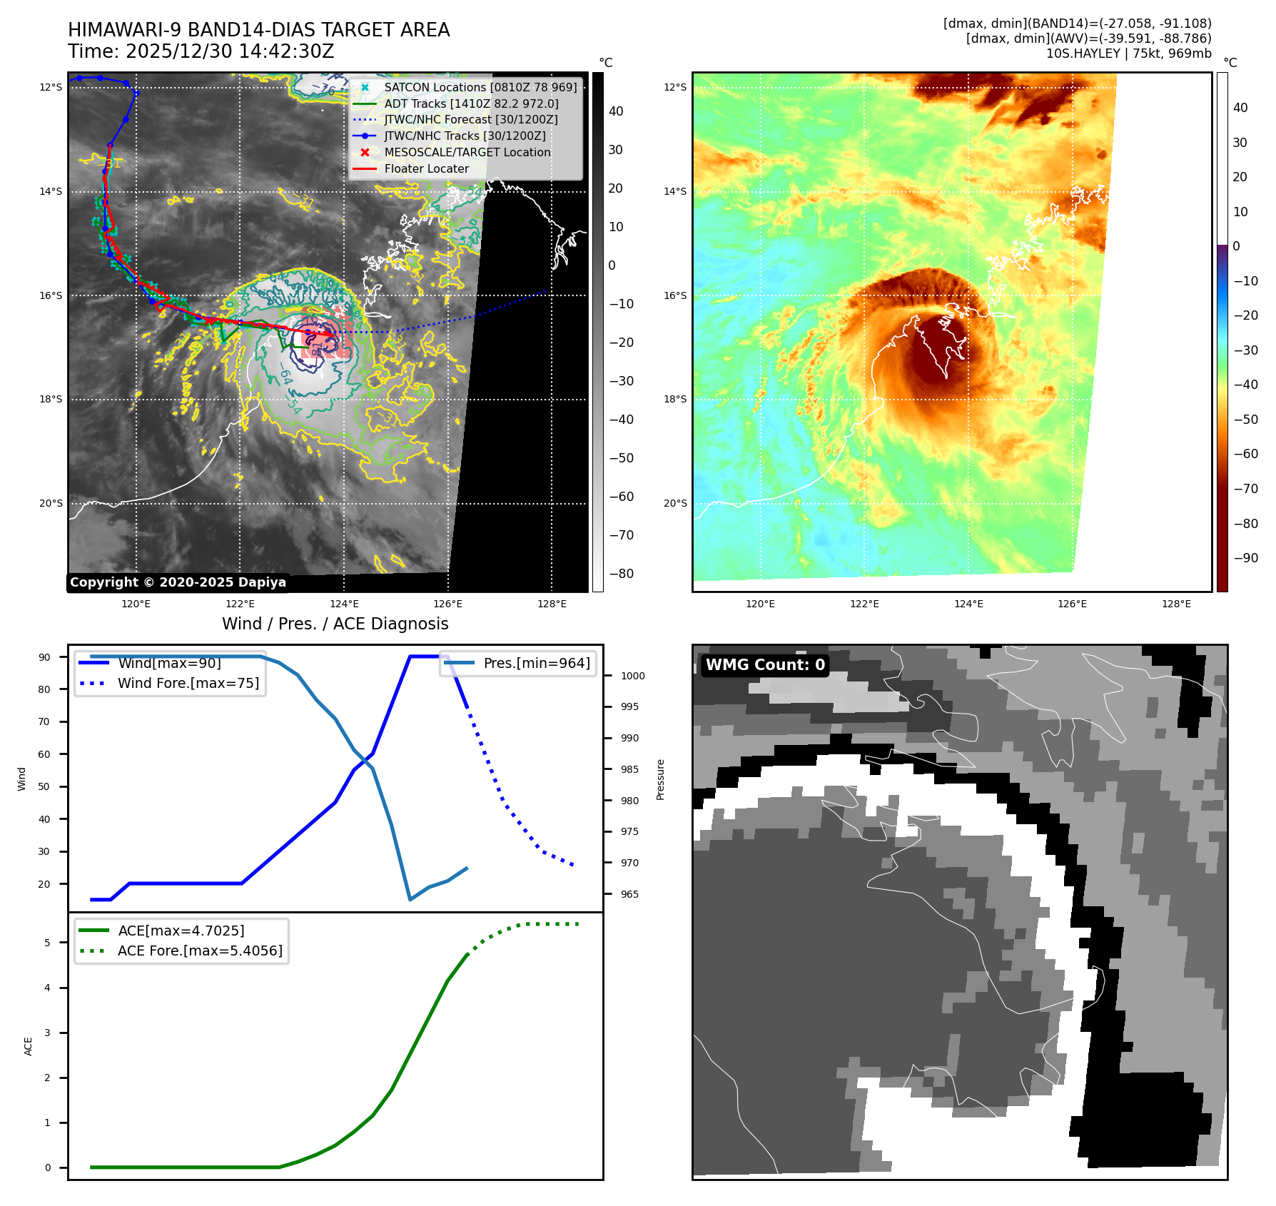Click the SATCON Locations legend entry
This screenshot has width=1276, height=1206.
pos(480,87)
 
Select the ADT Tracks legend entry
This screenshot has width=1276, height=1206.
pos(471,103)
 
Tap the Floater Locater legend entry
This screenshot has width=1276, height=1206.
pos(426,168)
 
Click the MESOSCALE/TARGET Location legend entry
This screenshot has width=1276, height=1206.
pos(467,152)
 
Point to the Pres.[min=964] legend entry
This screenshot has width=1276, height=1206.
pos(536,663)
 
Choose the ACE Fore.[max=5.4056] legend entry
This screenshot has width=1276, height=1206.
pos(200,951)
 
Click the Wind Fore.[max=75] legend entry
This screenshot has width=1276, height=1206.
pos(188,683)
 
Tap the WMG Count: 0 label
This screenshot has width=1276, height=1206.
pos(765,664)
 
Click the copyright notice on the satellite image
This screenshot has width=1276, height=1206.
pos(178,582)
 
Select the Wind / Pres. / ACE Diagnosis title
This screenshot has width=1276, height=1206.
pos(335,624)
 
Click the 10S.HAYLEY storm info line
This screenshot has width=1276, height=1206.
pos(1128,54)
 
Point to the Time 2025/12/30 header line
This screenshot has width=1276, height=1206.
pos(201,51)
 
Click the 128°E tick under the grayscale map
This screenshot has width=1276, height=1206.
pos(552,604)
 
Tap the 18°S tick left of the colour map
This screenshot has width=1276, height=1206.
pos(675,399)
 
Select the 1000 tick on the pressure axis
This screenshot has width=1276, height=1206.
pos(632,676)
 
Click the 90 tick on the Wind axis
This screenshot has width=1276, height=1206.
pos(44,657)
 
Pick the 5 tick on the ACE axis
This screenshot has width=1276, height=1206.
pos(47,943)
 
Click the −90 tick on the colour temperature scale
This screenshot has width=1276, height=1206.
pos(1246,558)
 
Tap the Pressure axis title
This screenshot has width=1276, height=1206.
pos(660,779)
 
